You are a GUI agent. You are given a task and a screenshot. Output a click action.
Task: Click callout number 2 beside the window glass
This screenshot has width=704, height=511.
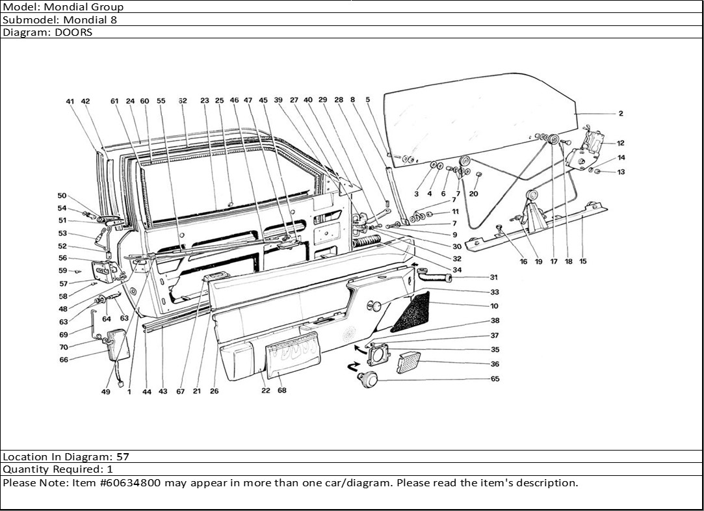[x=621, y=114]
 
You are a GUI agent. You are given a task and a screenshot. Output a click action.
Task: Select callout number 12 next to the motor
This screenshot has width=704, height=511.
[x=621, y=143]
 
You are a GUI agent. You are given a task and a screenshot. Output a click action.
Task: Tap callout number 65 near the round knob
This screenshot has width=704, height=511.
[x=495, y=378]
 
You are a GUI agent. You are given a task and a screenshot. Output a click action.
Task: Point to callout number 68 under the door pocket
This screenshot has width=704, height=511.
[x=281, y=391]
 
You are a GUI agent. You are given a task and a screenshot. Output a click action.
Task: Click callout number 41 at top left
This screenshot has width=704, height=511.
[x=70, y=101]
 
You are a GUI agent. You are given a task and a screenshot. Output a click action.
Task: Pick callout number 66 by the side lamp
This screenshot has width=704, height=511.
[x=64, y=360]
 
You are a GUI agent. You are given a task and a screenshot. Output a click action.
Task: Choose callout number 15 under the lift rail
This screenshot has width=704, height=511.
[x=582, y=261]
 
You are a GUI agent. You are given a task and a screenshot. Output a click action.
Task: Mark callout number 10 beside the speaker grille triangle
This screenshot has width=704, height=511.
[x=495, y=306]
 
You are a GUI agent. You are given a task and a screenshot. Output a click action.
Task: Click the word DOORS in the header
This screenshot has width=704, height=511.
[x=77, y=32]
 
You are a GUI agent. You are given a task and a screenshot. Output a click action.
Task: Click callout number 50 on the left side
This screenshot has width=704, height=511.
[x=62, y=196]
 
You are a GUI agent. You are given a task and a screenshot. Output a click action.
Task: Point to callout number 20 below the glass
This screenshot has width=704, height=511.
[x=473, y=194]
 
